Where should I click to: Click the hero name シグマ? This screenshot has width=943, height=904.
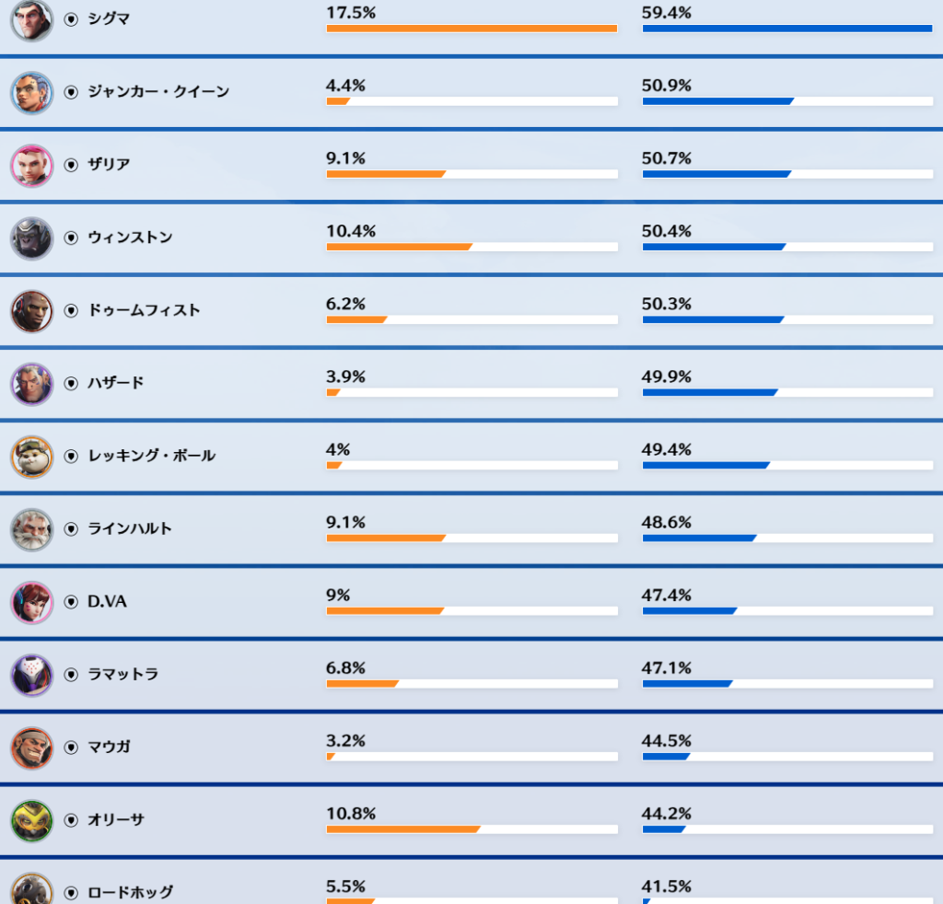109,18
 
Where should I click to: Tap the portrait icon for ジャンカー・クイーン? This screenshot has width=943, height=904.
32,92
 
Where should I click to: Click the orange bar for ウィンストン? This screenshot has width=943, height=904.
399,247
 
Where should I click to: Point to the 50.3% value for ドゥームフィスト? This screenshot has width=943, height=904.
667,304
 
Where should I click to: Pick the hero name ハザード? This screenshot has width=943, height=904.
116,383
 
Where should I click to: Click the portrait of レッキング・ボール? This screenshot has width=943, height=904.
32,457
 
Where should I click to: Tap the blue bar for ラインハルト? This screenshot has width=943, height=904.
699,539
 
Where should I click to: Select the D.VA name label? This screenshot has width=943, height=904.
107,602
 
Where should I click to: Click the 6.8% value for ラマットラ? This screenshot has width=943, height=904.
345,668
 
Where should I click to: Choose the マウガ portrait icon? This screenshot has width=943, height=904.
32,748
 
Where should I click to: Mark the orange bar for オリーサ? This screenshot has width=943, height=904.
403,829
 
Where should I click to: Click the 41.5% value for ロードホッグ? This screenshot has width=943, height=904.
667,887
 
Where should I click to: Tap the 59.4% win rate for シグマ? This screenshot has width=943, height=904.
667,13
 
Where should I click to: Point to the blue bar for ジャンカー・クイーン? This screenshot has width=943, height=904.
717,101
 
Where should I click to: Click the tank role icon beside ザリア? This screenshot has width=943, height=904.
71,165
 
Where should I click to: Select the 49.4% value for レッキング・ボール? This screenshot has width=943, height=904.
667,449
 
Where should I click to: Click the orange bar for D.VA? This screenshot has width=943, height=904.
385,611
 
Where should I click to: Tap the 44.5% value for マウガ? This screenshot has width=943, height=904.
667,741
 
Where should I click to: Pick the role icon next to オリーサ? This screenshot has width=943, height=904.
71,820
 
